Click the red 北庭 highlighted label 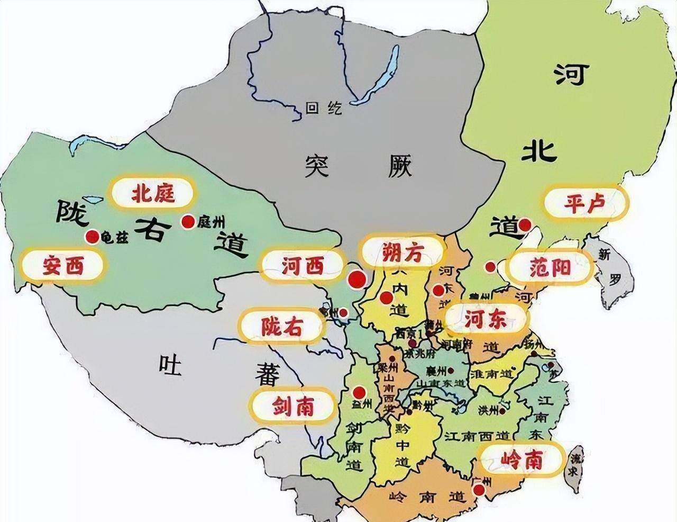click(153, 193)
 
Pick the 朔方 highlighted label click(402, 253)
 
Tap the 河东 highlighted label click(486, 318)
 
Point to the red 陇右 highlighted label click(281, 327)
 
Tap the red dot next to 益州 click(359, 392)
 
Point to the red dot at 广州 click(479, 490)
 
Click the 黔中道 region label click(402, 444)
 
